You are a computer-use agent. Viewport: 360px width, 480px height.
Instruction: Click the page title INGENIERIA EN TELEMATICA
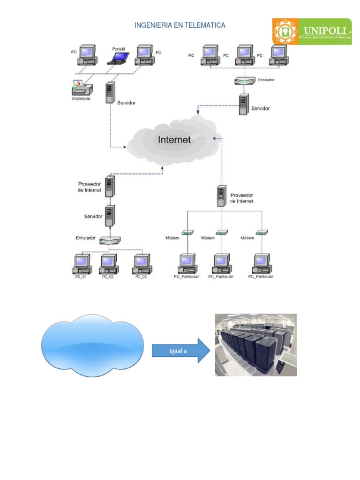click(180, 25)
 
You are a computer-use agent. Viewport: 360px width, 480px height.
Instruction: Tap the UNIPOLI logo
click(312, 31)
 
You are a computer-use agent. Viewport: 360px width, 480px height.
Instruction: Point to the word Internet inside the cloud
click(174, 139)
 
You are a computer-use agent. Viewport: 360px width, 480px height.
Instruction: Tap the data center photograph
click(255, 345)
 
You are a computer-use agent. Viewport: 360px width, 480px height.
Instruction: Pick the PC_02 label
click(108, 277)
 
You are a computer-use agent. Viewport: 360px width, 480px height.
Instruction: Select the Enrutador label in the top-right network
click(265, 80)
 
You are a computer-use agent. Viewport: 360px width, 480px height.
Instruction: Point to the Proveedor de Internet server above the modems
click(222, 196)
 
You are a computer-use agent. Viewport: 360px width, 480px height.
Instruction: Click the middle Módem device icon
click(221, 232)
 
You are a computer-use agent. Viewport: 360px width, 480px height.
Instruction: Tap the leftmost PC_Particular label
click(187, 277)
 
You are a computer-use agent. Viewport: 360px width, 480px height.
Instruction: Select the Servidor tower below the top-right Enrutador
click(243, 105)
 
